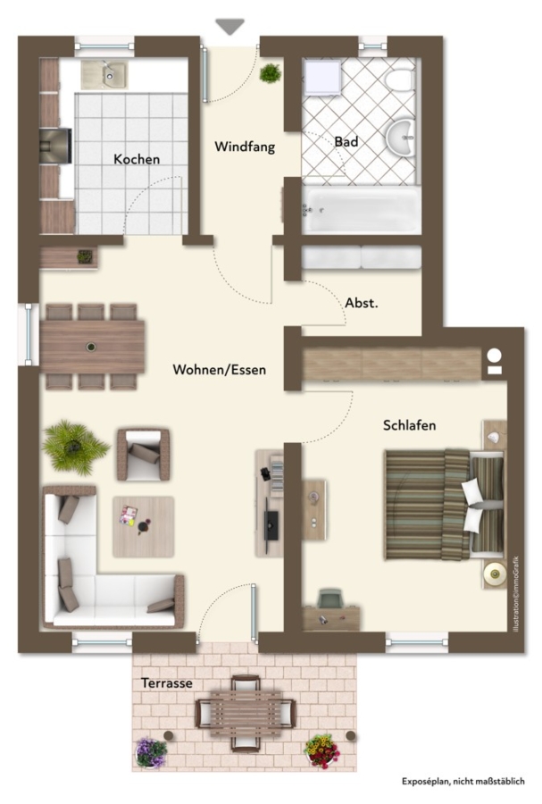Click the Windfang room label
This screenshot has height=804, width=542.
[245, 147]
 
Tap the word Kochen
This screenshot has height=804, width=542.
[137, 160]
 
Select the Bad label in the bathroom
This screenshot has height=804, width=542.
[346, 141]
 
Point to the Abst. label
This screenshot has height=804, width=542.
[362, 303]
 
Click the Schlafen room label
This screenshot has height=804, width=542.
[409, 425]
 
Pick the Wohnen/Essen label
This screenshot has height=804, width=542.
[220, 370]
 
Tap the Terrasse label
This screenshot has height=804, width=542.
[167, 683]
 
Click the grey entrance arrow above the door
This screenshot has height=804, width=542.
[229, 27]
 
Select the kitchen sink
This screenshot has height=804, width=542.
[104, 75]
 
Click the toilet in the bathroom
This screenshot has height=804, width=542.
[400, 80]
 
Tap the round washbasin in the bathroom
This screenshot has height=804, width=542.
[401, 137]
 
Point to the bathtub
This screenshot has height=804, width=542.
[361, 210]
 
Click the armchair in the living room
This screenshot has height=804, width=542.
[143, 455]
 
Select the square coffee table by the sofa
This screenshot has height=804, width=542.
[144, 526]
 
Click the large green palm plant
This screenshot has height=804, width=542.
[75, 447]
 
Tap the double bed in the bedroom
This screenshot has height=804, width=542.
[445, 505]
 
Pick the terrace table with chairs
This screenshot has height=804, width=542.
[246, 713]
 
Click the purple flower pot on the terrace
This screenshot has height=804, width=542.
[151, 753]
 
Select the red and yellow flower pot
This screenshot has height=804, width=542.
[321, 751]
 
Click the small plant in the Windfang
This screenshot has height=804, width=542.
[270, 74]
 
